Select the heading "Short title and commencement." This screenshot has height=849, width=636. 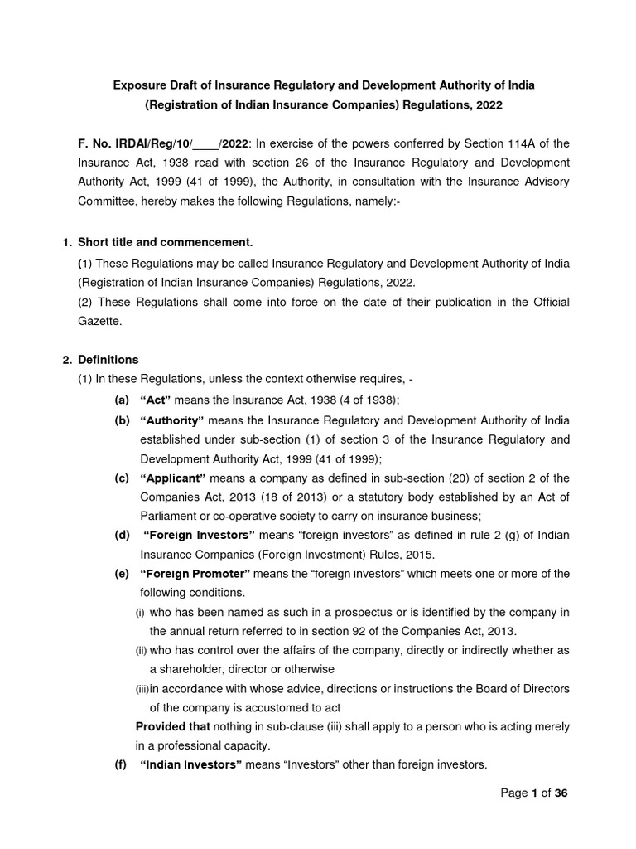click(x=165, y=242)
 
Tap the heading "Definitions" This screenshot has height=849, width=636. click(x=108, y=360)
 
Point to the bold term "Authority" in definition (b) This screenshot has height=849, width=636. click(x=172, y=420)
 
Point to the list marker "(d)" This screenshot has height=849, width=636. click(x=123, y=535)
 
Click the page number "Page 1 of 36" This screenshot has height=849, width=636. click(x=535, y=793)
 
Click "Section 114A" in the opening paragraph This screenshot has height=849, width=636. click(x=501, y=143)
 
